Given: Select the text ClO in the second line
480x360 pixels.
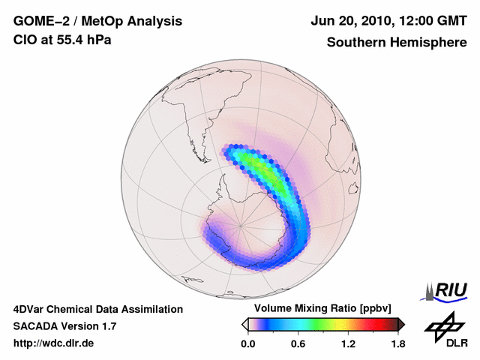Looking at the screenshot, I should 23,40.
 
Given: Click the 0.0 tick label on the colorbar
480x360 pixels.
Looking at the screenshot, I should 248,343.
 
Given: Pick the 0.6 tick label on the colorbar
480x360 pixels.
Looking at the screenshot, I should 298,343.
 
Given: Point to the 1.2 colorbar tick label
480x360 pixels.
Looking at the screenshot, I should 347,343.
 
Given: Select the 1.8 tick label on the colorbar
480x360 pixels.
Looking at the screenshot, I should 397,343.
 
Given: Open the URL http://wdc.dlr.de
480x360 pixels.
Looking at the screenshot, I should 54,343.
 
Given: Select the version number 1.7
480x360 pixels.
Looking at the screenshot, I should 107,326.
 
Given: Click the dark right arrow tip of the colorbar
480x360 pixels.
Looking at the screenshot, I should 401,324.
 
